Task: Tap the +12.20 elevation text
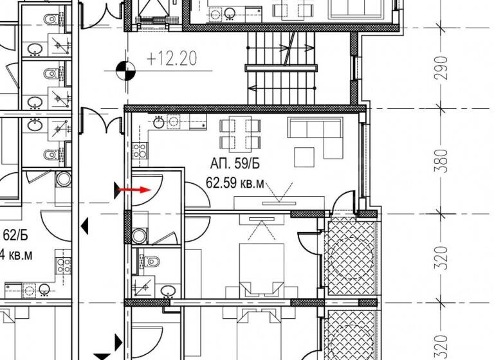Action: (170, 60)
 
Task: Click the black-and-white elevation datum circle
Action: (126, 69)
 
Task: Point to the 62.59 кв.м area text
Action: (235, 183)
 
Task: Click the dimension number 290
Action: (441, 67)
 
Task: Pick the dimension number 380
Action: (441, 161)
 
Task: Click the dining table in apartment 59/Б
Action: (241, 133)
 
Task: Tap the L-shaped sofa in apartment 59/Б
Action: (315, 135)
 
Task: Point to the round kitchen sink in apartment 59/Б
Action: (173, 120)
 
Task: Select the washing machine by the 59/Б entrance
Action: (139, 235)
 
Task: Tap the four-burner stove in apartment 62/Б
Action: (62, 264)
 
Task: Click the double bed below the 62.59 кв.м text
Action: (261, 270)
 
